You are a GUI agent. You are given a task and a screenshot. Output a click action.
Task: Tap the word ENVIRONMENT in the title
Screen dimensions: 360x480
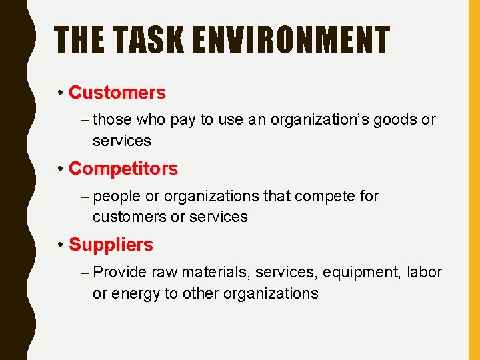pyautogui.click(x=289, y=40)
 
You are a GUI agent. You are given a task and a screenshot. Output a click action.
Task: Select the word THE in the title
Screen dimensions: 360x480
pyautogui.click(x=78, y=40)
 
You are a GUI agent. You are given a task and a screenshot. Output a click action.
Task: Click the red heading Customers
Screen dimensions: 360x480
pyautogui.click(x=117, y=92)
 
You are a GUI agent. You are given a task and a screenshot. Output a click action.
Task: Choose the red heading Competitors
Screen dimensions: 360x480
pyautogui.click(x=123, y=169)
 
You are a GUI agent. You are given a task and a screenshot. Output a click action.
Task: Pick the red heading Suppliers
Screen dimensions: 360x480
pyautogui.click(x=111, y=245)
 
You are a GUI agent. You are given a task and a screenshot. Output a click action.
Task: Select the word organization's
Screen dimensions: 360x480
pyautogui.click(x=325, y=121)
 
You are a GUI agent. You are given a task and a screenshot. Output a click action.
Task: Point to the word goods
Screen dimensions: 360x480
pyautogui.click(x=399, y=121)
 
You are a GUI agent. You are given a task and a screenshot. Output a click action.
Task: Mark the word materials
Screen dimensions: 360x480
pyautogui.click(x=209, y=273)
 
